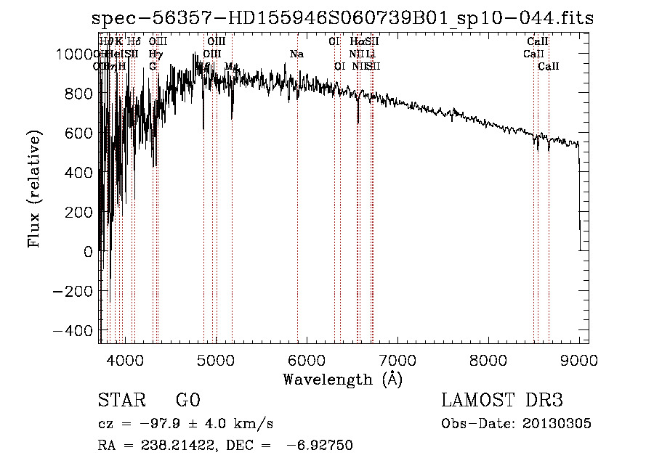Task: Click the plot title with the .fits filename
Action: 343,18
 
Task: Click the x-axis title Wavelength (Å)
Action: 342,379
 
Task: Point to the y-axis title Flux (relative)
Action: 34,188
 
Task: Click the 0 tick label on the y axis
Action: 89,252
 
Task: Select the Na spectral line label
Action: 296,54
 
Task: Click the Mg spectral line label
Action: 231,67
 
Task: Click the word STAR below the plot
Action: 121,401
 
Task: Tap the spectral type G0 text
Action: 187,401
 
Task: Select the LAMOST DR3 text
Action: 502,401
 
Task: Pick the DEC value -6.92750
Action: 320,446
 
